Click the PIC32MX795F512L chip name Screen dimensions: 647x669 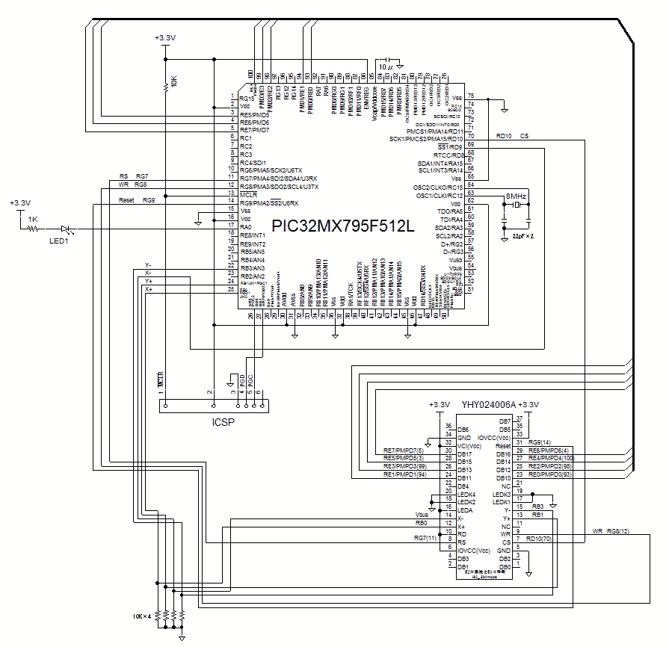click(x=342, y=226)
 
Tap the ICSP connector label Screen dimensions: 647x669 click(x=223, y=421)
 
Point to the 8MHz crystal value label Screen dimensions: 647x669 click(x=517, y=196)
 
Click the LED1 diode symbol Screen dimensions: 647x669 click(x=67, y=229)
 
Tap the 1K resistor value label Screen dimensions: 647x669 click(x=34, y=219)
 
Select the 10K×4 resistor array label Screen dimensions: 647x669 click(x=142, y=616)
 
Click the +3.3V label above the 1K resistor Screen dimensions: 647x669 click(x=20, y=202)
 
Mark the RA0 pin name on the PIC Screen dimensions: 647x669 click(x=246, y=226)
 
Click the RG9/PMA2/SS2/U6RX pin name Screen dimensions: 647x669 click(x=269, y=202)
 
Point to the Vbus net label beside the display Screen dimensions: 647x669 click(x=422, y=515)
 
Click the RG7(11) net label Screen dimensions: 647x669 click(x=424, y=538)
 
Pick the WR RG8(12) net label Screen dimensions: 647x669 click(x=607, y=531)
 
